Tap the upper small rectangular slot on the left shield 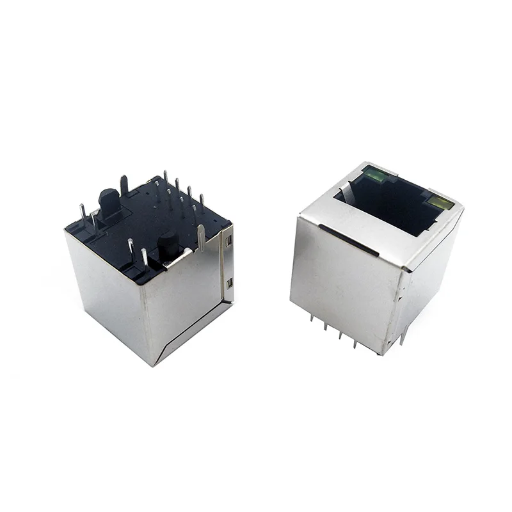pos(228,242)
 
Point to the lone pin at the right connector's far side pos(403,335)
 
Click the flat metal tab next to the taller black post pos(124,185)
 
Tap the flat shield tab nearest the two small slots pos(202,237)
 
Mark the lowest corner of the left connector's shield pos(154,365)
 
